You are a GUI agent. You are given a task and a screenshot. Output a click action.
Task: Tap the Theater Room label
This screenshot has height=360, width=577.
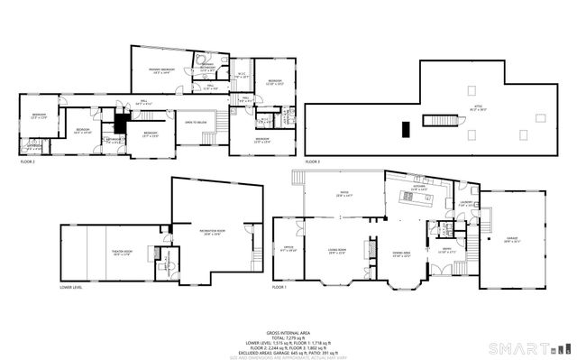tap(96, 254)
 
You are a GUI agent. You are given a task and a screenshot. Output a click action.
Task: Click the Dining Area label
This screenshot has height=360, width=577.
tap(401, 254)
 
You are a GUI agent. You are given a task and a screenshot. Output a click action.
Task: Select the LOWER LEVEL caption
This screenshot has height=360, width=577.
tap(72, 287)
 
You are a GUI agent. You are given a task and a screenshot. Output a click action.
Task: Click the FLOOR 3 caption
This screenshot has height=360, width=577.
tap(312, 161)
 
